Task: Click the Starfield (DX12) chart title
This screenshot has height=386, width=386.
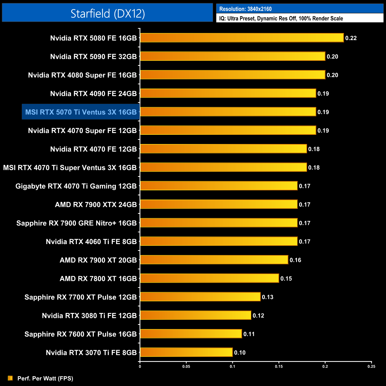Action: [107, 13]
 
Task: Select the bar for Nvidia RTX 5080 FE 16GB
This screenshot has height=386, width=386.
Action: [242, 38]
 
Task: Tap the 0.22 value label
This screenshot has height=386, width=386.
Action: [351, 38]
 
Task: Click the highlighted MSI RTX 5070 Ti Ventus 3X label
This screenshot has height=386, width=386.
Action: [81, 112]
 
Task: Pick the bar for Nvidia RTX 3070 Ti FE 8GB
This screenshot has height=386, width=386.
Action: [186, 352]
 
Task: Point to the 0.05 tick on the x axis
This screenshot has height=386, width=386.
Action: [186, 366]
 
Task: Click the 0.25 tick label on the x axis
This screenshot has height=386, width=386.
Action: [371, 366]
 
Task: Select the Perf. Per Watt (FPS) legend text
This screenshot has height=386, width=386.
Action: [45, 378]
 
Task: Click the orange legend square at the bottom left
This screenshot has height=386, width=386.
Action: [10, 378]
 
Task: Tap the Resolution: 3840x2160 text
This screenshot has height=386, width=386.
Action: [245, 9]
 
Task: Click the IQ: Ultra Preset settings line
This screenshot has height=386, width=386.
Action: [281, 18]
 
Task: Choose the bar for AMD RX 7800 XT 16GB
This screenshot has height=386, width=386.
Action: [209, 278]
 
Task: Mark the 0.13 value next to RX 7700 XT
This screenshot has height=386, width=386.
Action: [268, 297]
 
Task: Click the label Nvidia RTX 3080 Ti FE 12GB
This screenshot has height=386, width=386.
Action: [89, 316]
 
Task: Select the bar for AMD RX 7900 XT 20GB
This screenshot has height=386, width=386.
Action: [214, 260]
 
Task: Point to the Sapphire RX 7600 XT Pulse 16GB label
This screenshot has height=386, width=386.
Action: [80, 334]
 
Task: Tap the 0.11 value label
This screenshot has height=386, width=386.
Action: [249, 334]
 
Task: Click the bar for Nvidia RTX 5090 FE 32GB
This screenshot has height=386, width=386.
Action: [232, 56]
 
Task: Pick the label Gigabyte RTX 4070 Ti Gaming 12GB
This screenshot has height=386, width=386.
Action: [76, 186]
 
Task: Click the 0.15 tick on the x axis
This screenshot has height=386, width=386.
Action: [279, 366]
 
